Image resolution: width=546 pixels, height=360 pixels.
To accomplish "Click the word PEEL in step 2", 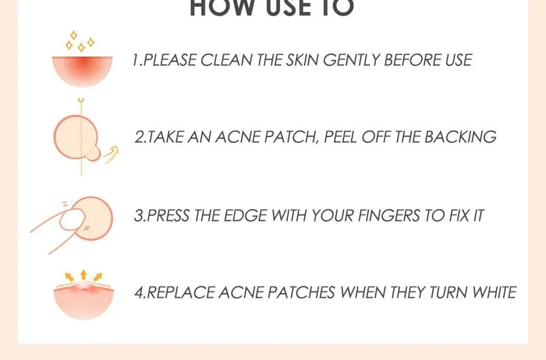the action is pyautogui.click(x=340, y=137).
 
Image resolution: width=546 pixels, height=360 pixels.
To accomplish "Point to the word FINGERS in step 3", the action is pyautogui.click(x=389, y=215).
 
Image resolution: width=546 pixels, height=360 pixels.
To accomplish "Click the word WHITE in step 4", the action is pyautogui.click(x=494, y=293).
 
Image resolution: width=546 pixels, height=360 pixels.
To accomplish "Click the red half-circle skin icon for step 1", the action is pyautogui.click(x=83, y=71).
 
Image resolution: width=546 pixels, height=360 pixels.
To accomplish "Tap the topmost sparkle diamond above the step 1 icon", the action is pyautogui.click(x=74, y=35).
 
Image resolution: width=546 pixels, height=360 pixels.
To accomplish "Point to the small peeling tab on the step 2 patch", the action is pyautogui.click(x=93, y=154).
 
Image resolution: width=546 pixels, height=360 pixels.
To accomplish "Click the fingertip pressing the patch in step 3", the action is pyautogui.click(x=72, y=220).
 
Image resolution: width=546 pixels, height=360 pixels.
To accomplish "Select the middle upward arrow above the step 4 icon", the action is pyautogui.click(x=83, y=275).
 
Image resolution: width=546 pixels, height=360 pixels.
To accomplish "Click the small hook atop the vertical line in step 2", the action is pyautogui.click(x=81, y=100).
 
